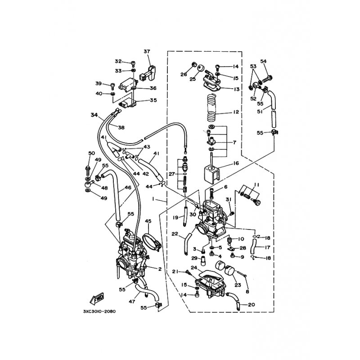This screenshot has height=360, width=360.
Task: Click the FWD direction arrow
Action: click(x=97, y=298)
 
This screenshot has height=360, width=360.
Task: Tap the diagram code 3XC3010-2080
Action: click(x=99, y=311)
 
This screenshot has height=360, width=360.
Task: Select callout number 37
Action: click(x=147, y=51)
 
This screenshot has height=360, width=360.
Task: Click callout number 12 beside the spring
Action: click(x=236, y=112)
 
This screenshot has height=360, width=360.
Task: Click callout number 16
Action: click(x=236, y=163)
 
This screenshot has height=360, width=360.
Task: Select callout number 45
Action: click(x=148, y=221)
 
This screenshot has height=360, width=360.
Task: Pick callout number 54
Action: click(x=263, y=61)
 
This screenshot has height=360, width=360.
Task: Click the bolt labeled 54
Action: click(x=267, y=80)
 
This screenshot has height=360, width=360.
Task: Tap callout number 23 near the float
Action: click(x=238, y=285)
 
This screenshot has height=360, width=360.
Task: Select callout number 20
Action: click(x=252, y=305)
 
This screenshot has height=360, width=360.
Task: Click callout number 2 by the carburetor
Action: click(x=160, y=269)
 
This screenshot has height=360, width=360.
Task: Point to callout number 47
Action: click(x=132, y=301)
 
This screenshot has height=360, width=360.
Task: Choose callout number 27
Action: click(x=172, y=174)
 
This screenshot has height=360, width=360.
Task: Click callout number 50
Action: click(x=92, y=153)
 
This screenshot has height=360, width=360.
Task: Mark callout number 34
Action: click(x=94, y=115)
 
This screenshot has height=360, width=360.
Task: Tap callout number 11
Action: click(x=256, y=184)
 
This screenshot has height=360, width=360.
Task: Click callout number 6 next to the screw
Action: click(x=226, y=187)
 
